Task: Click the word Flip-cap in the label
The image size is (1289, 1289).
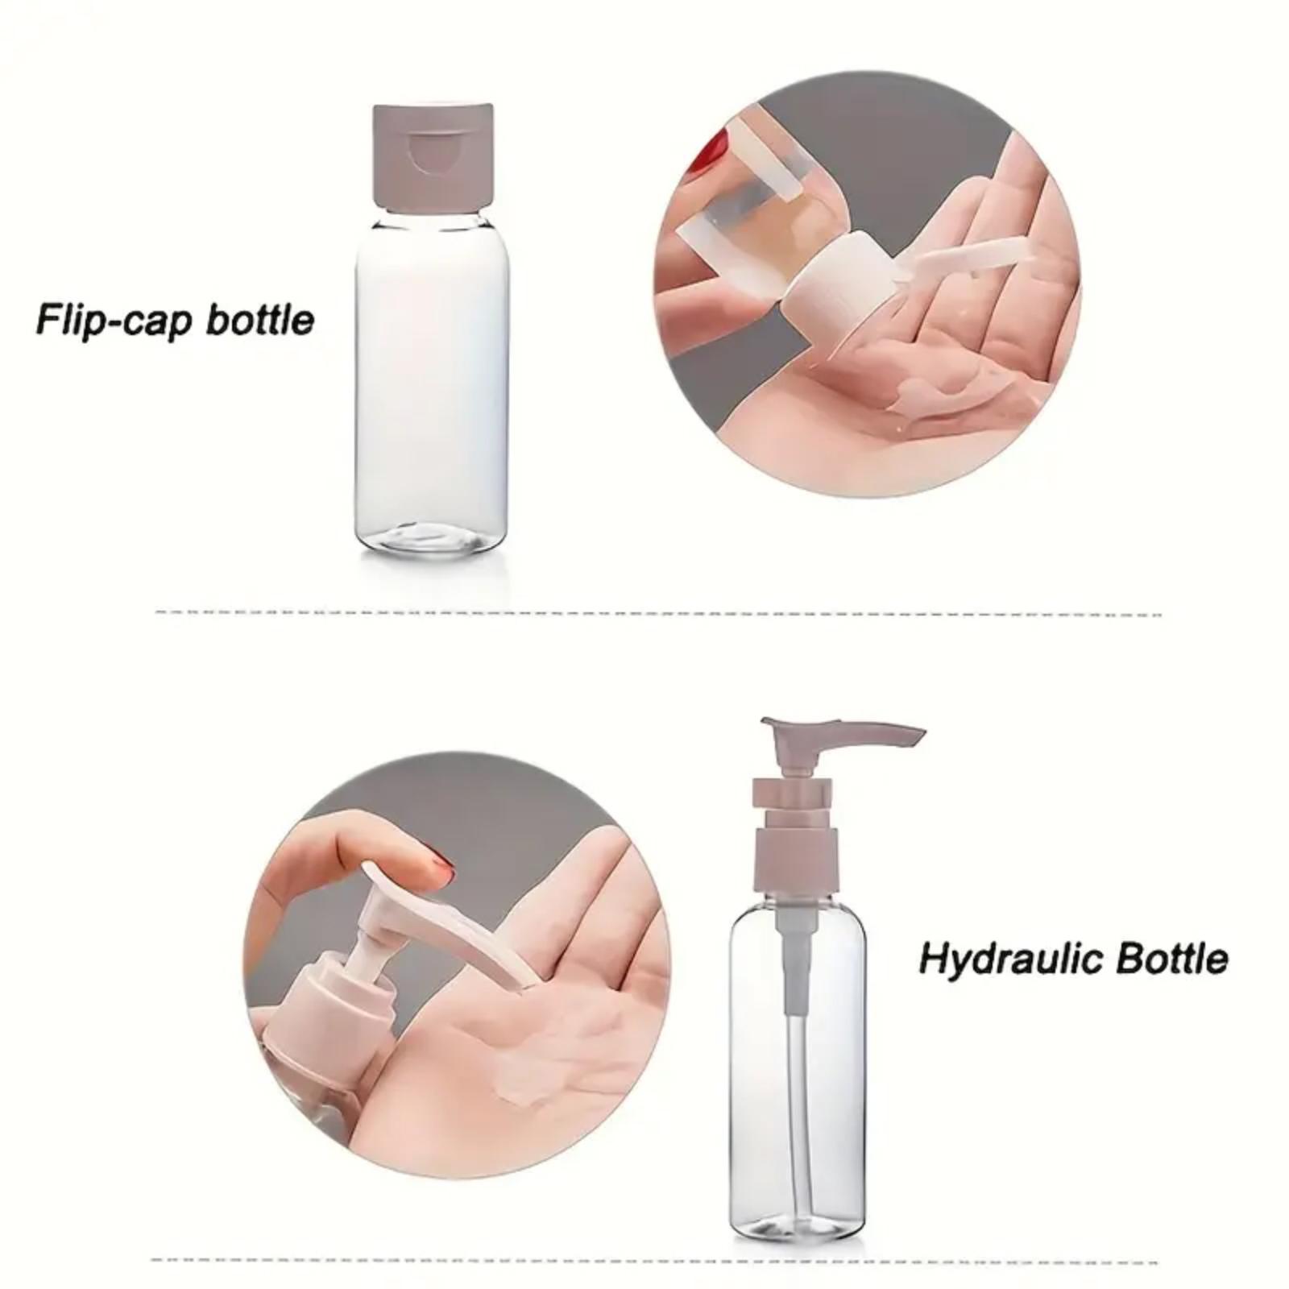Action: tap(113, 320)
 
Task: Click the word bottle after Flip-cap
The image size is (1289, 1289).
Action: tap(259, 319)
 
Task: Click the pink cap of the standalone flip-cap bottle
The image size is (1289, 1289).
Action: tap(433, 153)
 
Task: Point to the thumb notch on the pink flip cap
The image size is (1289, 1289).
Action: tap(433, 154)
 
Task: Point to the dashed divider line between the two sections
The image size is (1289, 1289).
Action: tap(657, 613)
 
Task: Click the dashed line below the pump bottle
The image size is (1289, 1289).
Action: tap(653, 1260)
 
